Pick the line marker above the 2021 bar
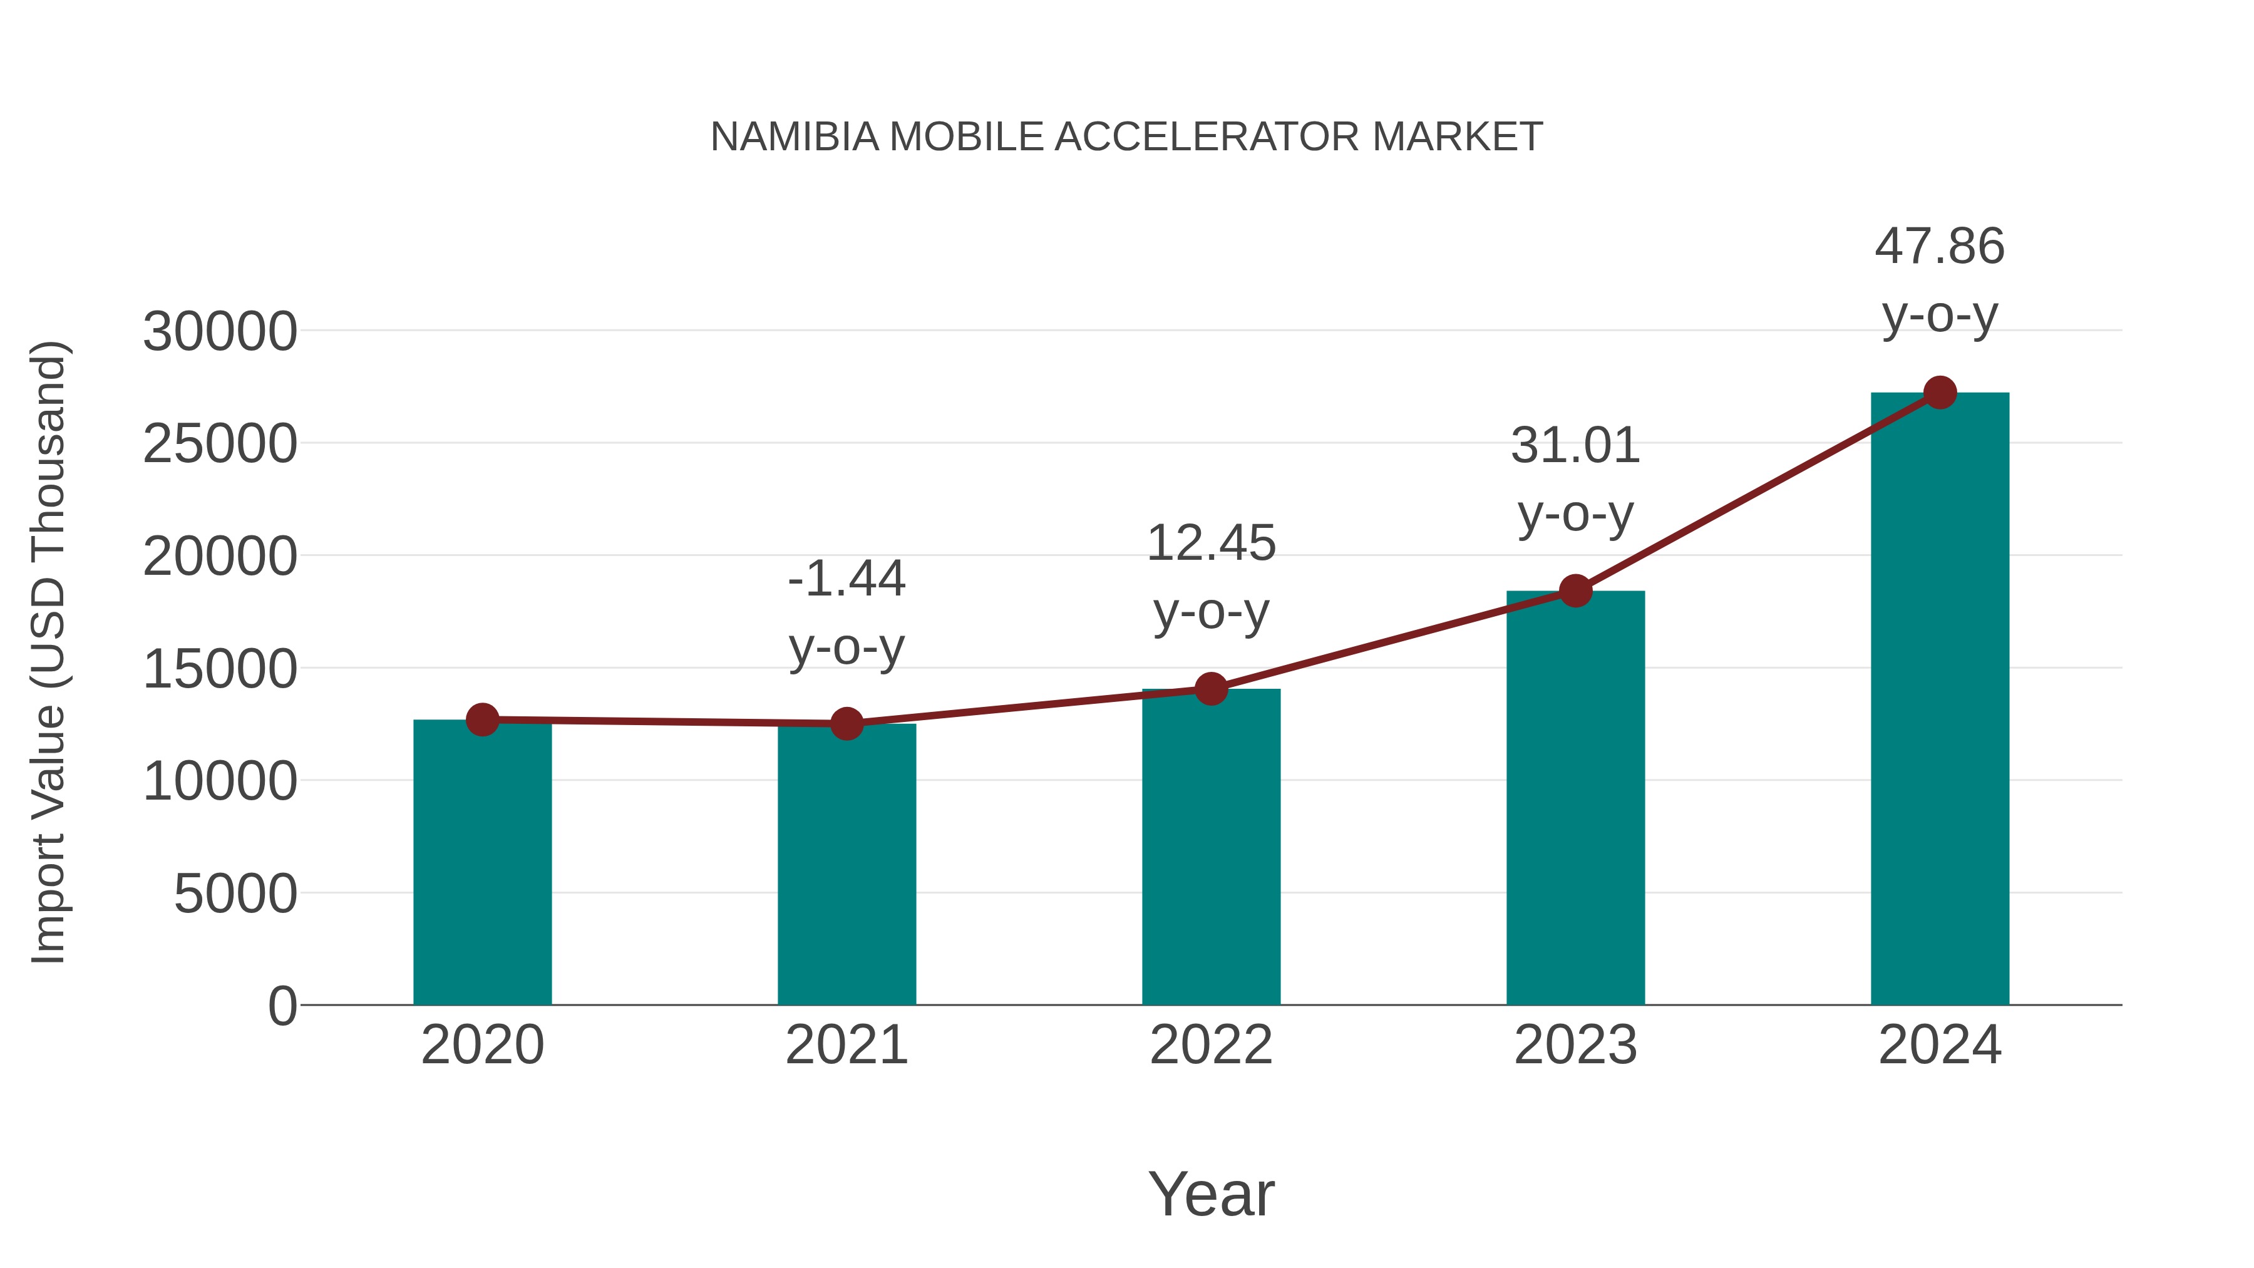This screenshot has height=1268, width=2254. [x=846, y=724]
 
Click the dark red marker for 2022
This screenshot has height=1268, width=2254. [x=1211, y=689]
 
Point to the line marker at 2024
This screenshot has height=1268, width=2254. [x=1940, y=393]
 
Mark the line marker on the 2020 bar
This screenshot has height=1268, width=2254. [x=482, y=719]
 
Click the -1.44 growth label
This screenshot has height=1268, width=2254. [x=846, y=579]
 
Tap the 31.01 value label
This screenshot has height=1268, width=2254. [x=1575, y=446]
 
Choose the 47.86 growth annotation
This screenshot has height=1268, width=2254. [x=1940, y=247]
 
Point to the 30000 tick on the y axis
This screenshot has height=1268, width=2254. [x=220, y=332]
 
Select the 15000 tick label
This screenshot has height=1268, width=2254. [x=220, y=669]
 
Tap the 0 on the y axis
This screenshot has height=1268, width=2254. [x=282, y=1006]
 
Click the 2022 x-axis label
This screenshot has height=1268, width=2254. [x=1211, y=1045]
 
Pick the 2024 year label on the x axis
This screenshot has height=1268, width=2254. [x=1940, y=1045]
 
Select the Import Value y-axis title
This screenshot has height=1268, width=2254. [x=49, y=652]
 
